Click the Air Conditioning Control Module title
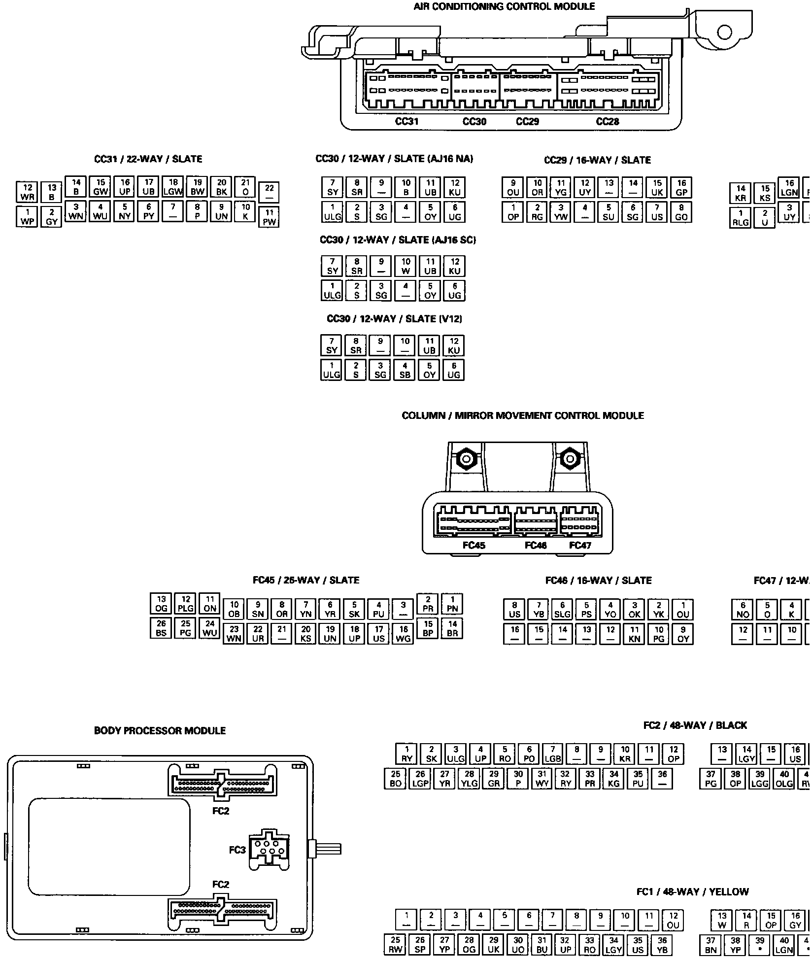point(504,6)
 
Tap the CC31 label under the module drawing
point(407,121)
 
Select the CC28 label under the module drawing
point(607,121)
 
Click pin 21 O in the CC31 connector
point(245,188)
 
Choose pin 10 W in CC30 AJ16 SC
point(406,266)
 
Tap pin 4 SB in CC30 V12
point(405,370)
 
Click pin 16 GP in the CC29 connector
point(681,188)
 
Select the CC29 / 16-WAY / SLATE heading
point(597,160)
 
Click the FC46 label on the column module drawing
point(536,545)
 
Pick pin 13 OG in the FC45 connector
point(161,604)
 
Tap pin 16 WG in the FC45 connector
point(404,634)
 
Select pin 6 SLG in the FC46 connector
point(562,610)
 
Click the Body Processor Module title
point(160,731)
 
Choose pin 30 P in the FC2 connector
point(518,779)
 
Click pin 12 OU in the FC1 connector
point(673,906)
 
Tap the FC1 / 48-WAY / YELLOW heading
point(692,878)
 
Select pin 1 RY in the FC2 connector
point(407,754)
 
